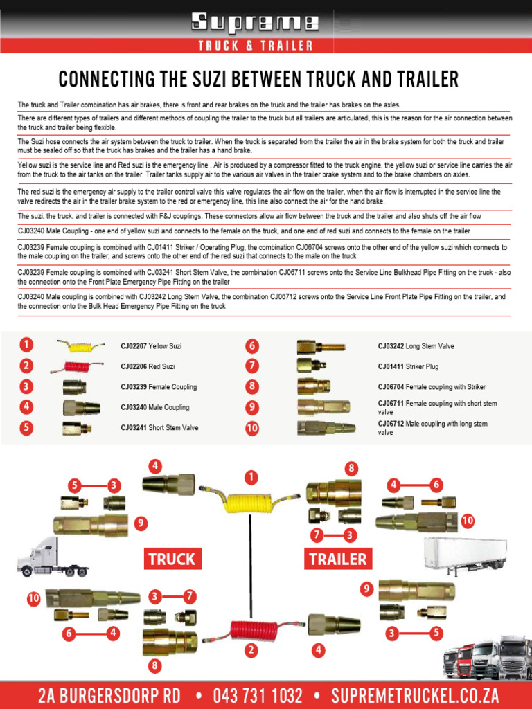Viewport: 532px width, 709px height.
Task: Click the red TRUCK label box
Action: [172, 559]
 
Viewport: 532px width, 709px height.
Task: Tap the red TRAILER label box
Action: [338, 559]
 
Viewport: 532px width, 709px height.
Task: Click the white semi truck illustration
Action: [53, 558]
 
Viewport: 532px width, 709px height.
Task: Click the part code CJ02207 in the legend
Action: [133, 346]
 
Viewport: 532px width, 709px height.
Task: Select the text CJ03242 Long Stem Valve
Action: [416, 346]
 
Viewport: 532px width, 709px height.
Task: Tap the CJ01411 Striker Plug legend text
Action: [408, 366]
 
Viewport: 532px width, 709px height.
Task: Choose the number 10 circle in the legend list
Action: [252, 428]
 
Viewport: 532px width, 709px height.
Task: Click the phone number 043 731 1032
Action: [258, 695]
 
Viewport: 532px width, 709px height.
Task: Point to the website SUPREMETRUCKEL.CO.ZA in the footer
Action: [414, 695]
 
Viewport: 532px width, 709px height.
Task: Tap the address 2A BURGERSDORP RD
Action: [109, 695]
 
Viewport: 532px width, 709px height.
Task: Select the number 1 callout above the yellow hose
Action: [250, 477]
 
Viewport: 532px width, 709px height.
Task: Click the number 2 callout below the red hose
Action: [250, 650]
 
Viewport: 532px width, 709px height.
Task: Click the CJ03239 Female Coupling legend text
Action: [159, 387]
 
